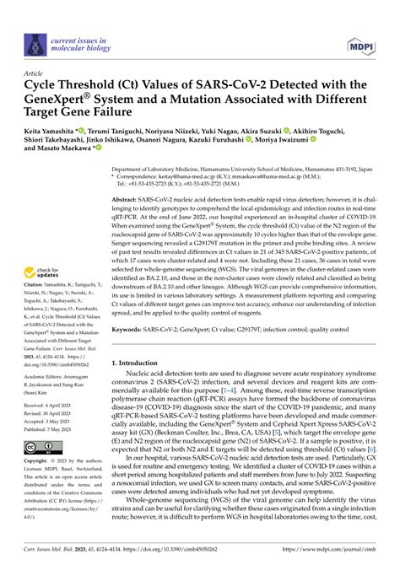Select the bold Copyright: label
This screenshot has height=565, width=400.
(41, 463)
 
